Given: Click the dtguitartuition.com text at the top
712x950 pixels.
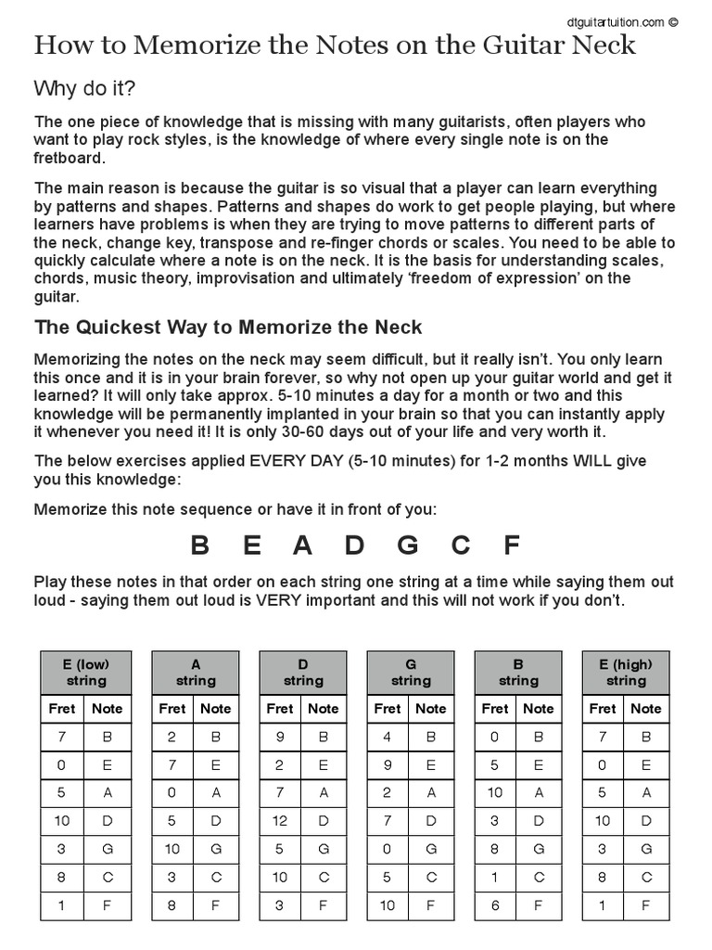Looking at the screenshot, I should (x=615, y=21).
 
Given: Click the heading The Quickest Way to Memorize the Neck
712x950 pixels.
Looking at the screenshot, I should (x=228, y=327).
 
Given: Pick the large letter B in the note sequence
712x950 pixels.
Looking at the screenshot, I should (x=199, y=546).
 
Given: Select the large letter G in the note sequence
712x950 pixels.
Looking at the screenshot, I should (x=408, y=546).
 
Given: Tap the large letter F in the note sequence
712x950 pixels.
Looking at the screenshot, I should (x=511, y=546).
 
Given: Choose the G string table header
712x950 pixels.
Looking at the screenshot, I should (x=411, y=673).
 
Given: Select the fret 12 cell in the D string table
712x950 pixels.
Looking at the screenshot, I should (x=280, y=820).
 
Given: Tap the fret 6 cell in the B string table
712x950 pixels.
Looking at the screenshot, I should (x=495, y=904).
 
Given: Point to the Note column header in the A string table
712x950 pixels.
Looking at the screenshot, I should (x=216, y=709).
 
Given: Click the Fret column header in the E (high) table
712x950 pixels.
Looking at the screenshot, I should (x=603, y=709).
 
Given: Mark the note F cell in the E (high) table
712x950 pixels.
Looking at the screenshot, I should (x=646, y=904).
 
